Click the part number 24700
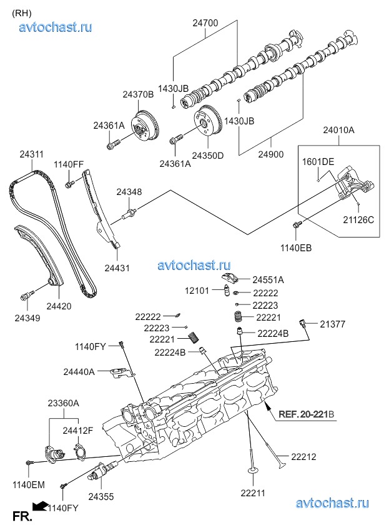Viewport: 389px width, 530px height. click(205, 23)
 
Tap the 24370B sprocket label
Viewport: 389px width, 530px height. click(138, 95)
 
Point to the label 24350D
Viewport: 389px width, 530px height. click(207, 155)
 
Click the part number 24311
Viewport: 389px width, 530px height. click(31, 154)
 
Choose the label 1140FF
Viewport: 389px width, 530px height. click(68, 164)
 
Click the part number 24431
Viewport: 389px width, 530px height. click(117, 268)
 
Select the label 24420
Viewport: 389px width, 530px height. click(59, 306)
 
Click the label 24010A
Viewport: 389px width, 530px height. click(338, 130)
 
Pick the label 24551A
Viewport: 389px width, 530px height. click(268, 280)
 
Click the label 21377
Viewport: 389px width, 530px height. click(333, 324)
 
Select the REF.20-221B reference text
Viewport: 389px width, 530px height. click(307, 414)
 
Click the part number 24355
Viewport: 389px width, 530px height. click(101, 496)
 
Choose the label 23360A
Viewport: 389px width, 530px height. click(64, 404)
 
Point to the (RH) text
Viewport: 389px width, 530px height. click(22, 11)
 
